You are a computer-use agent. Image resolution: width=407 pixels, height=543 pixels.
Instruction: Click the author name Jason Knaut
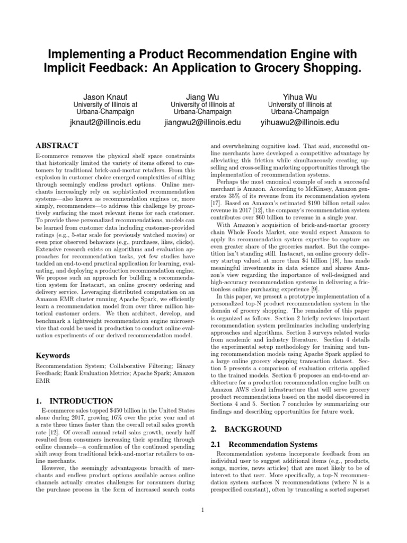pos(104,98)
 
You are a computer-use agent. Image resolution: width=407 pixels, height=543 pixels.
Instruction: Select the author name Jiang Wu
pos(202,98)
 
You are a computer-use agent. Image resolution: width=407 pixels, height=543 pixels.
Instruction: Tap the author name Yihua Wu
pos(300,98)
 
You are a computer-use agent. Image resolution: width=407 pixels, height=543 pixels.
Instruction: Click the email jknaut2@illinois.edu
pos(104,122)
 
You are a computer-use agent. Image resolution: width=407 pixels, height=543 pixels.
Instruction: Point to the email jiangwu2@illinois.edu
pos(202,122)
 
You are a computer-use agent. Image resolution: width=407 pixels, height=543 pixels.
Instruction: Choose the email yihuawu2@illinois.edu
pos(300,122)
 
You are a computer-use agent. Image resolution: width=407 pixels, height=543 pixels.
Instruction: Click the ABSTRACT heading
pos(57,146)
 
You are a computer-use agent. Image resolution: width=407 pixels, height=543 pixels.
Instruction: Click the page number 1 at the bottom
pos(203,511)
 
